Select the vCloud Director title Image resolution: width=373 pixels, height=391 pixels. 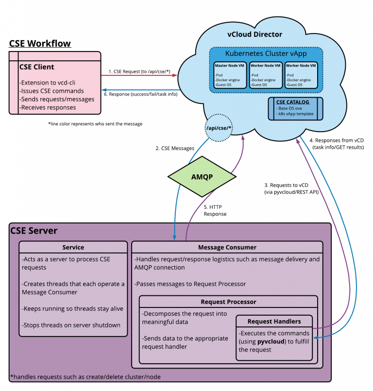tap(254, 34)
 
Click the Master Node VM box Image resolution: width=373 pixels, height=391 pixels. tap(230, 75)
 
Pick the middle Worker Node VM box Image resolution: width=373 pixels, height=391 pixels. tap(265, 75)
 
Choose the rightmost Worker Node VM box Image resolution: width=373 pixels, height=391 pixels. tap(301, 75)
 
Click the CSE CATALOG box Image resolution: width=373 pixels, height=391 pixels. tap(295, 108)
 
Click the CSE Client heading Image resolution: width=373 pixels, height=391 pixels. tap(37, 67)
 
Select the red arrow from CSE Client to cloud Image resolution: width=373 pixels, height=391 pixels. tap(139, 75)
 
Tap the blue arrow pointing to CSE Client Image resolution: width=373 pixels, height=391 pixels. tap(139, 90)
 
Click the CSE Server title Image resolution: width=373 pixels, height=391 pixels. tap(34, 231)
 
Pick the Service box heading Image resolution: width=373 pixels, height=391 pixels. tap(73, 247)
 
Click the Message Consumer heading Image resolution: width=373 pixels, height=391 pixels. tap(227, 247)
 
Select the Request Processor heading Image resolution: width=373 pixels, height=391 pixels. tap(228, 302)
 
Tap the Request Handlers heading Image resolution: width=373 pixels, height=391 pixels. tap(274, 321)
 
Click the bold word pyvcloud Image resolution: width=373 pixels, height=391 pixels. tap(271, 341)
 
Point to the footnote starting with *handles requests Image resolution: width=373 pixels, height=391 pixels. tap(85, 376)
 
